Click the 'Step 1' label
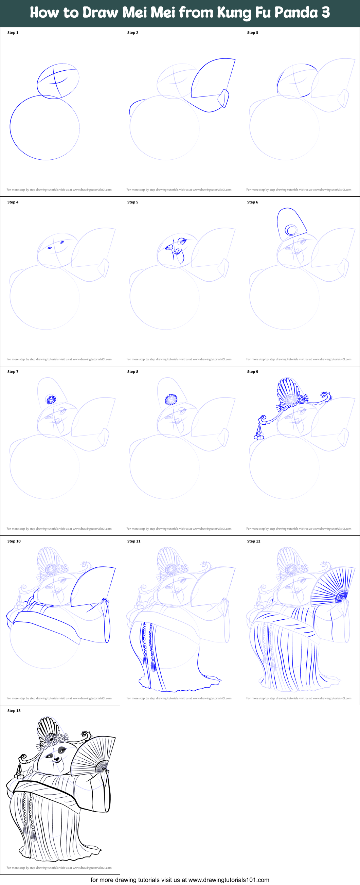coord(13,33)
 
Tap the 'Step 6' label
coord(252,202)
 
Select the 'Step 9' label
coord(252,371)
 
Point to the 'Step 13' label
coord(14,710)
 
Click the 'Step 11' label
coord(133,541)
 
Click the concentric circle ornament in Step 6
coord(291,230)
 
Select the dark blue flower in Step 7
coord(51,399)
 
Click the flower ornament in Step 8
coord(171,399)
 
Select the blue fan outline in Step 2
coord(213,79)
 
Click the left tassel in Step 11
coord(145,660)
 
